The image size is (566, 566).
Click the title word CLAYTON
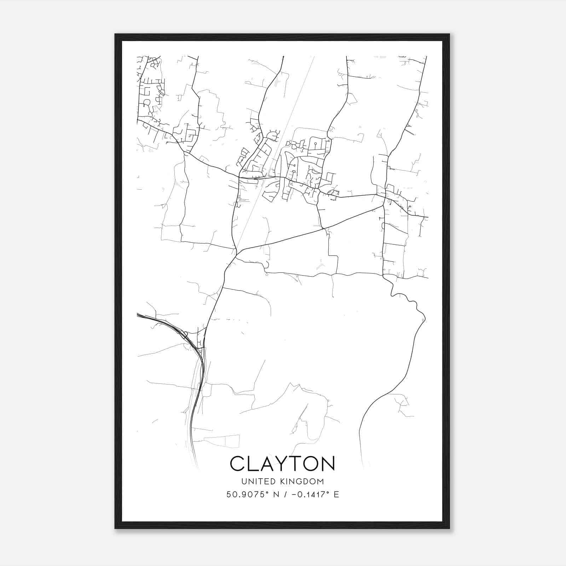(282, 463)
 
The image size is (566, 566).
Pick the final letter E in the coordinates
(336, 495)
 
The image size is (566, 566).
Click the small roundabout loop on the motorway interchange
(185, 333)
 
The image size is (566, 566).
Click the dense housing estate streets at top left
(150, 92)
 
